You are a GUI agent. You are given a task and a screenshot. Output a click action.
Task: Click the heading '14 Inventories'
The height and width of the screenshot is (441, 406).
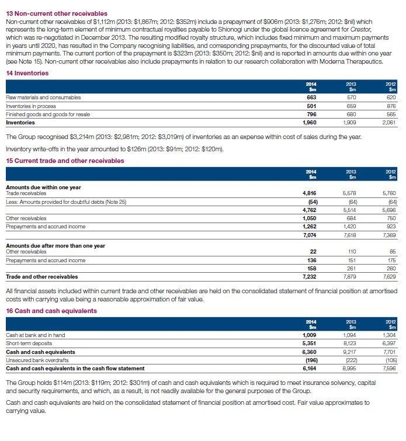pos(27,73)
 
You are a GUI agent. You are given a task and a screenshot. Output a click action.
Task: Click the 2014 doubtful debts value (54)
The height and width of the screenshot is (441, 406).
pos(311,202)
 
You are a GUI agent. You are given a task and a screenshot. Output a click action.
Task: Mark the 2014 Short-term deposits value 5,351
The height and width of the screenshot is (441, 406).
pos(309,344)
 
